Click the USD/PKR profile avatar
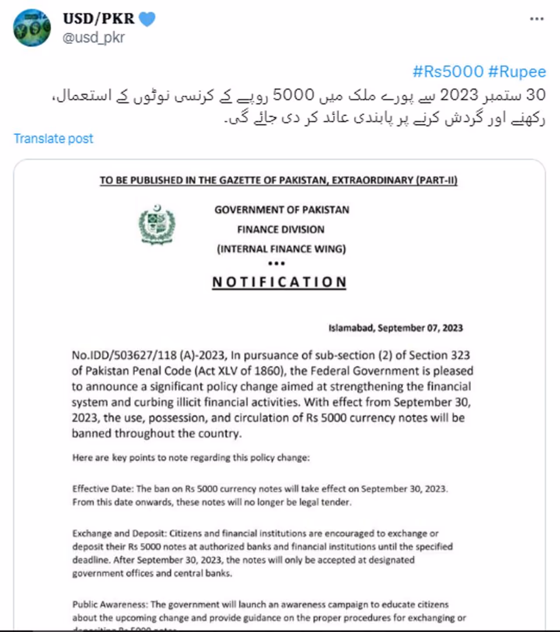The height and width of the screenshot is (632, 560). tap(32, 28)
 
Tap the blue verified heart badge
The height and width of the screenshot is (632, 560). tap(147, 19)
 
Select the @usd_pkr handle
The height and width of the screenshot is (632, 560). tap(94, 38)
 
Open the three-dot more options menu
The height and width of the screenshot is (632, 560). tap(536, 19)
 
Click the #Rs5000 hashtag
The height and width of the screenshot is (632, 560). tap(448, 71)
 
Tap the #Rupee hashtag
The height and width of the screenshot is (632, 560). tap(517, 71)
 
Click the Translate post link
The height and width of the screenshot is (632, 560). tap(53, 138)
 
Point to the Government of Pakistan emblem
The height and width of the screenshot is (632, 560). tap(157, 225)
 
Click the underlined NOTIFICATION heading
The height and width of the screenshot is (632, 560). tap(279, 282)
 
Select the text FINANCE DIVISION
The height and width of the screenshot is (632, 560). tap(281, 229)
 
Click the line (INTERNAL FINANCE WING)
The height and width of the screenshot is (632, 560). tap(281, 249)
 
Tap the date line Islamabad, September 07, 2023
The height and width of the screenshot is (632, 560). tap(395, 328)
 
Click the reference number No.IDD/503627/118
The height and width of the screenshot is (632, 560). tap(124, 355)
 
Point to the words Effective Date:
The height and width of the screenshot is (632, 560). tap(103, 489)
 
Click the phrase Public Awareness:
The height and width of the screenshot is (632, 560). tap(110, 604)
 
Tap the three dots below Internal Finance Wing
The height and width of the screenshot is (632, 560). tap(276, 263)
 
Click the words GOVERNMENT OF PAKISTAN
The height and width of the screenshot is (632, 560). tap(282, 210)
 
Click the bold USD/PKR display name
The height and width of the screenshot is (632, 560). tap(99, 18)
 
